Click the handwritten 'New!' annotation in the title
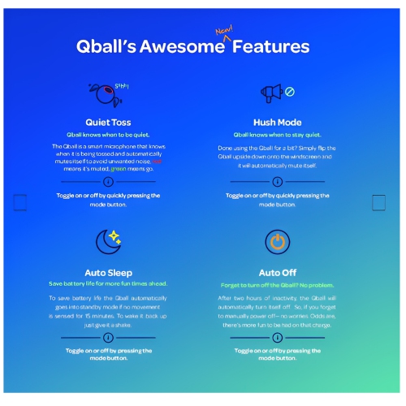pos(224,32)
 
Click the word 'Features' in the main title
pos(270,47)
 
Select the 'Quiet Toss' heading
pos(108,122)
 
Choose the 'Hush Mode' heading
pos(279,122)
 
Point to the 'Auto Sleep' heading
pos(108,272)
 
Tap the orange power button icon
pos(278,241)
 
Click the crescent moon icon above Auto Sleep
pos(107,240)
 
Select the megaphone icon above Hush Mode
pos(271,93)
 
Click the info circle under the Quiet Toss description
pos(108,182)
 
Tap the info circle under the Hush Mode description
pos(278,182)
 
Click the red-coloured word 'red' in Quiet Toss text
pos(157,162)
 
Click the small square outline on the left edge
pos(21,202)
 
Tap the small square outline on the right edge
pos(378,202)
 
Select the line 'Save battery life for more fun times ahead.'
pos(108,284)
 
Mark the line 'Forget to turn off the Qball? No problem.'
pos(278,285)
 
